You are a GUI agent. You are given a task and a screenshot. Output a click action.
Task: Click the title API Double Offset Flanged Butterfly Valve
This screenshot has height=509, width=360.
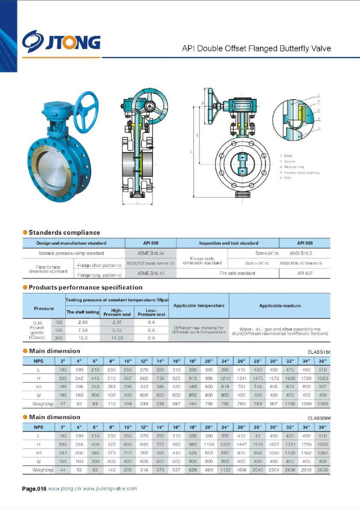256,48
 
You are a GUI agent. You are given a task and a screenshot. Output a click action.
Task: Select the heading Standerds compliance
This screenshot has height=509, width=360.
64,233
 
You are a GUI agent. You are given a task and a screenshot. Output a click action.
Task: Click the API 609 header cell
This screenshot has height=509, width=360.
151,243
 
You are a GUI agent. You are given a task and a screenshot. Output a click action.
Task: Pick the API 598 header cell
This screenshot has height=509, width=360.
305,243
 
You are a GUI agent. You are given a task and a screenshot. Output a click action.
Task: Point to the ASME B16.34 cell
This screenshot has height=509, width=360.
151,253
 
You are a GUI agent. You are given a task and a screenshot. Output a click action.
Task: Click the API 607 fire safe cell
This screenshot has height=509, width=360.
305,273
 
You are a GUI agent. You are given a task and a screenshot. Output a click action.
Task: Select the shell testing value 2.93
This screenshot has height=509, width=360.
83,322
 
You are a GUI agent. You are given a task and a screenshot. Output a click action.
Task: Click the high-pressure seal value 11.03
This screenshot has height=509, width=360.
117,338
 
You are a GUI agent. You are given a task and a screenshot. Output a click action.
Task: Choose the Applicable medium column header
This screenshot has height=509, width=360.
280,306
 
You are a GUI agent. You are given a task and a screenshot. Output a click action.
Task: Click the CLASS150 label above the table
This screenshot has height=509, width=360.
319,352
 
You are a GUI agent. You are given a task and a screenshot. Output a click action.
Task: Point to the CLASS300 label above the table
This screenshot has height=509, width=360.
319,418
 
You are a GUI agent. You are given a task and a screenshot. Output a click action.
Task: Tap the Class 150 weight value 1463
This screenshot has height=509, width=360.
322,404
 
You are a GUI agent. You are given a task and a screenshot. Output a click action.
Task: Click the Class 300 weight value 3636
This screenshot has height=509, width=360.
322,470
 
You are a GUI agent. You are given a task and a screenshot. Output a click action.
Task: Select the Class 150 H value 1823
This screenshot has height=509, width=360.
322,378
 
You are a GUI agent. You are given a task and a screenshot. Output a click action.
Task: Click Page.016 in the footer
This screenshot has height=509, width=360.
34,489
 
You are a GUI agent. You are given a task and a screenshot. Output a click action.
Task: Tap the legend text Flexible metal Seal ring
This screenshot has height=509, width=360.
301,173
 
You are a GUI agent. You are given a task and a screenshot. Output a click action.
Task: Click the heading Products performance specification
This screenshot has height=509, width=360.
85,288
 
